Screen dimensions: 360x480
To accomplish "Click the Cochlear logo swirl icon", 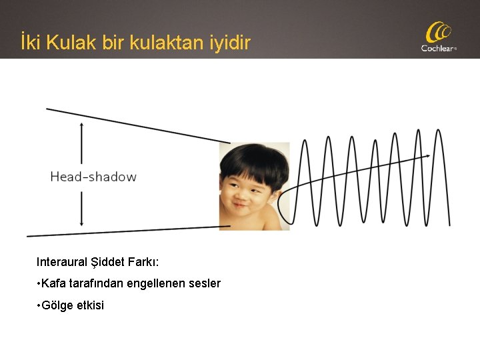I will pyautogui.click(x=439, y=32).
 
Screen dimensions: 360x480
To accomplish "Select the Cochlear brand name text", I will pyautogui.click(x=437, y=48).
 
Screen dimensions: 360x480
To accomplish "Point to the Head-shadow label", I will pyautogui.click(x=93, y=177).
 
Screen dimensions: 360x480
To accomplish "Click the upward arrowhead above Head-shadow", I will pyautogui.click(x=81, y=126).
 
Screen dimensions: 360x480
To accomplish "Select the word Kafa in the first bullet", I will pyautogui.click(x=51, y=284).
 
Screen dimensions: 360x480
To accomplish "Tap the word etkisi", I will pyautogui.click(x=89, y=306).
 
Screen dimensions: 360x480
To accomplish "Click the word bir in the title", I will pyautogui.click(x=115, y=43).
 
